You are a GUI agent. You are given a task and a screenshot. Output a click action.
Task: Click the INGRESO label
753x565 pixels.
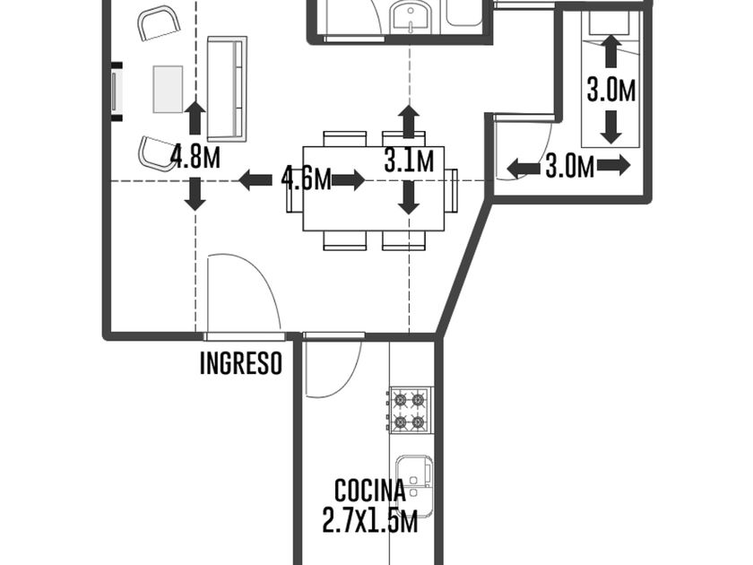pos(240,362)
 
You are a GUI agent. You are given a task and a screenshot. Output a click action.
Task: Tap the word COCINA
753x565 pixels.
pos(369,491)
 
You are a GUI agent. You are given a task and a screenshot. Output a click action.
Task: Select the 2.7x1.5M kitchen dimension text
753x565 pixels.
pos(369,520)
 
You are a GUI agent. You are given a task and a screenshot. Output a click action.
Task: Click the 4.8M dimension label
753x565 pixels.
pos(195,157)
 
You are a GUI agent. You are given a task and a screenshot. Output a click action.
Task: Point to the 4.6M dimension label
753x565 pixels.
pos(306,179)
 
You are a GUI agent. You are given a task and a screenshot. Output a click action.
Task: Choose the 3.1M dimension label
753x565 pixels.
pos(409,161)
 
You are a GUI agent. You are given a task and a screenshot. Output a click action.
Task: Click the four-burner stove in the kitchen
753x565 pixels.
pos(410,410)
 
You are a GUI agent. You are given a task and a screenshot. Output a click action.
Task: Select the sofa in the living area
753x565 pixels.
pos(227,89)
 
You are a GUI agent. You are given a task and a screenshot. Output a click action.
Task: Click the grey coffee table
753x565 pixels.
pos(168,90)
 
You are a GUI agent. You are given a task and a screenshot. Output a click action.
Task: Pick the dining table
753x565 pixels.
pos(373,188)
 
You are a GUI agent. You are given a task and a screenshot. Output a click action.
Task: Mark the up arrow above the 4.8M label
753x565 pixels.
pos(195,117)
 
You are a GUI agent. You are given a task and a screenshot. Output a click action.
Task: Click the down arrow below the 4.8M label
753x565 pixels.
pos(195,194)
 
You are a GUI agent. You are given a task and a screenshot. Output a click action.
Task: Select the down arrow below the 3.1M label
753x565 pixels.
pos(409,197)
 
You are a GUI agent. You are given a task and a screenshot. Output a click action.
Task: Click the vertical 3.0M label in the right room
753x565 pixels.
pos(610,90)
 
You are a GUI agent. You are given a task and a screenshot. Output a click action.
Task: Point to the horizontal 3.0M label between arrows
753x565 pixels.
pos(570,167)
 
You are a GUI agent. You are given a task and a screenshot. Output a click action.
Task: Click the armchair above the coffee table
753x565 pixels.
pos(159,23)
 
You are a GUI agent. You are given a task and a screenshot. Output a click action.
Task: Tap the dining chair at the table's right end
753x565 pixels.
pos(451,190)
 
